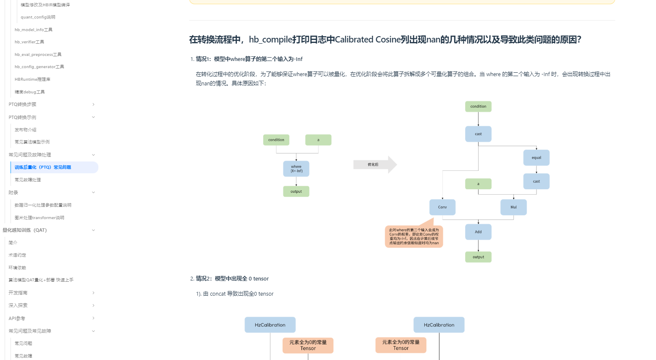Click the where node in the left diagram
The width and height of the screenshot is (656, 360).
pyautogui.click(x=296, y=169)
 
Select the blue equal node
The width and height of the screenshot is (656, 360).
pyautogui.click(x=536, y=158)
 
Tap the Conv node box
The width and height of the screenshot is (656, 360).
pyautogui.click(x=442, y=207)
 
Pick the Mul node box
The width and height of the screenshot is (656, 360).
pyautogui.click(x=513, y=207)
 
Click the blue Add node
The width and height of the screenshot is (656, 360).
pyautogui.click(x=478, y=232)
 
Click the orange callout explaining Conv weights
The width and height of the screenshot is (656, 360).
pyautogui.click(x=414, y=236)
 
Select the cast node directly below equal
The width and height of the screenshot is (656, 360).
pyautogui.click(x=536, y=181)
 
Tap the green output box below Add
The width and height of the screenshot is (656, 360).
pyautogui.click(x=478, y=257)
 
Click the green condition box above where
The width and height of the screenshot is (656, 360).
pyautogui.click(x=276, y=140)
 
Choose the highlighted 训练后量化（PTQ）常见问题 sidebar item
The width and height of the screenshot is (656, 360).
pyautogui.click(x=43, y=167)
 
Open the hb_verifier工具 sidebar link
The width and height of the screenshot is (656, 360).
pyautogui.click(x=29, y=42)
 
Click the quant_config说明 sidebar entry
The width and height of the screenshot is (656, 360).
pyautogui.click(x=38, y=17)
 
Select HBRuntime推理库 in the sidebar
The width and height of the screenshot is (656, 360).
pyautogui.click(x=32, y=79)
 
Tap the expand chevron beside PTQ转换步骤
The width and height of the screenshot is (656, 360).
pyautogui.click(x=93, y=104)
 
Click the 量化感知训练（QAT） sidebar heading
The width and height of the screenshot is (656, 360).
pyautogui.click(x=25, y=230)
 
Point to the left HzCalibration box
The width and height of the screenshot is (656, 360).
pyautogui.click(x=270, y=325)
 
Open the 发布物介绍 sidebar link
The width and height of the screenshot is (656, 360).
pyautogui.click(x=25, y=130)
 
